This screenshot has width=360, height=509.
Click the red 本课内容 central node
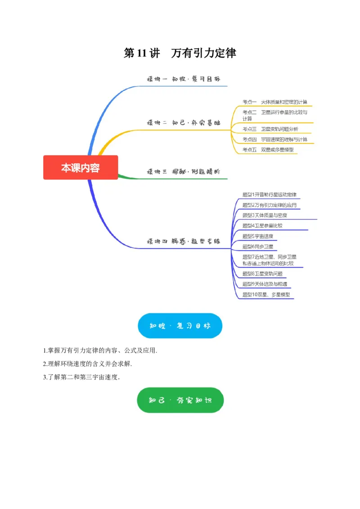click(x=81, y=168)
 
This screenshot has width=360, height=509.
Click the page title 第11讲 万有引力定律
click(x=180, y=53)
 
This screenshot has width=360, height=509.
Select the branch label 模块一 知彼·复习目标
click(x=184, y=79)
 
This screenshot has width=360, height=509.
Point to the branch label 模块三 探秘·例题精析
click(x=184, y=171)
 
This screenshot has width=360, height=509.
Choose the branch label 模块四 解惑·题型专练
click(x=184, y=241)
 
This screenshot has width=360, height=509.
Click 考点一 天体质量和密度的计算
click(x=275, y=102)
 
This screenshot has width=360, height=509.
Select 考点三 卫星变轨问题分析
click(x=270, y=129)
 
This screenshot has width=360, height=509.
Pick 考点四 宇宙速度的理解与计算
click(x=275, y=139)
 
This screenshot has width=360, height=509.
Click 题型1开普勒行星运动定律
click(x=269, y=195)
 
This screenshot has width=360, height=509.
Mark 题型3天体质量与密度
click(x=265, y=215)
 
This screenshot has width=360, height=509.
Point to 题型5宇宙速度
click(x=257, y=236)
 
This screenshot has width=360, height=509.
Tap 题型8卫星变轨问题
click(x=262, y=273)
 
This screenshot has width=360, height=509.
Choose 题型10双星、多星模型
click(x=266, y=295)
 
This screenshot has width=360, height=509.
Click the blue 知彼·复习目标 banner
click(x=180, y=326)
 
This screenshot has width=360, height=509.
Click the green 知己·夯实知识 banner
click(x=180, y=400)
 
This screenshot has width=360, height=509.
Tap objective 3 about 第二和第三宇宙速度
click(x=81, y=377)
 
